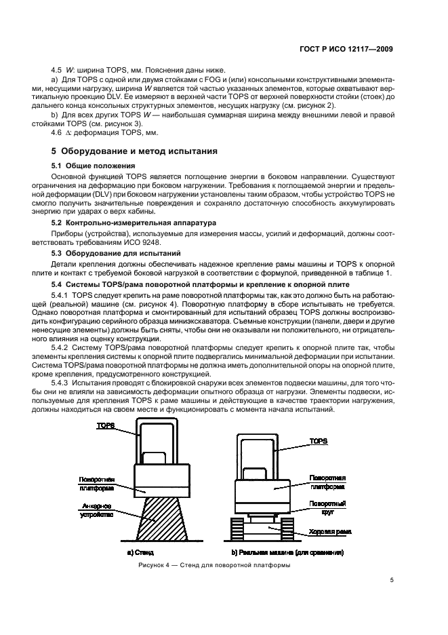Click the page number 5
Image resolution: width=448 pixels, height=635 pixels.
[x=392, y=580]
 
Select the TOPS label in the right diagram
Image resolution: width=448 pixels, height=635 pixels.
[x=319, y=441]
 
